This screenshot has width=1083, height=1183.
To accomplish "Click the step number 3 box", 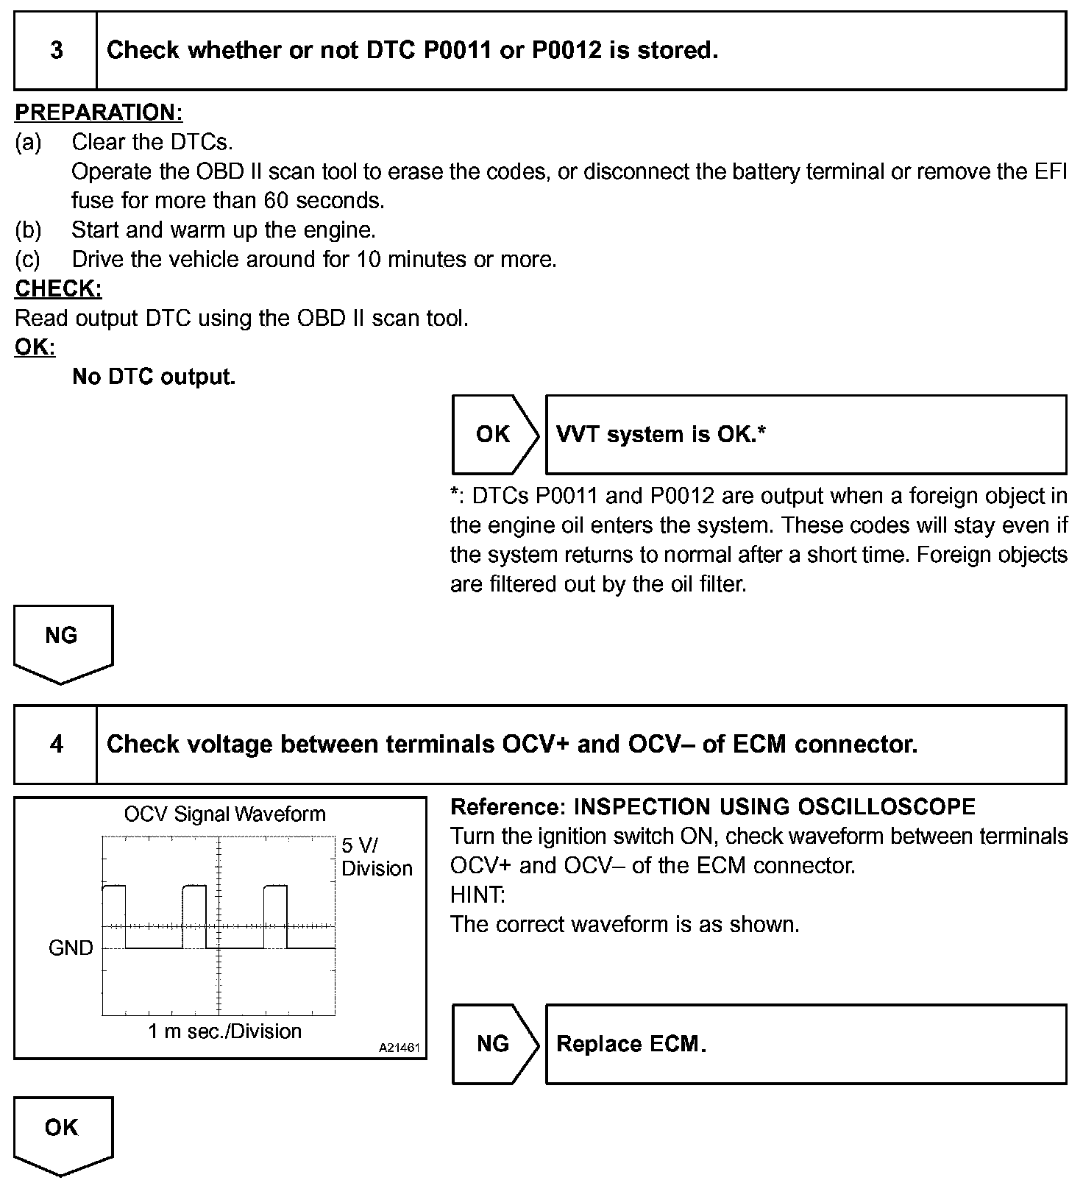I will coord(56,51).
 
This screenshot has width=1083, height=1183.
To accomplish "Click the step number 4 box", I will coord(56,745).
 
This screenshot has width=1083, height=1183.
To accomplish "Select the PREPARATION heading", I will coord(99,113).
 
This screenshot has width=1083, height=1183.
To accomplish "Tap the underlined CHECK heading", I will coord(58,288).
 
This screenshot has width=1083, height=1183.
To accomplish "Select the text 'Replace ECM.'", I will coord(631,1044).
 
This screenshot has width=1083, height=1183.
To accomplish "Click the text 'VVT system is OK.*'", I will coord(661,434).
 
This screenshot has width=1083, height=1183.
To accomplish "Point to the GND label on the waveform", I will coord(71,948).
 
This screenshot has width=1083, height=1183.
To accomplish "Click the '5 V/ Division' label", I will coord(376,857).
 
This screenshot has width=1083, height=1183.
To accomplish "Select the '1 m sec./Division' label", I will coord(224,1031).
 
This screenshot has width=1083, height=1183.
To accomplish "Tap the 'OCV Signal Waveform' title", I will coord(224,814).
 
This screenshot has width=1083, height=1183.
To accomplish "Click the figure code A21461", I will coord(400,1048).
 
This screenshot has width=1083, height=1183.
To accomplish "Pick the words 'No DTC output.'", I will coord(154,377).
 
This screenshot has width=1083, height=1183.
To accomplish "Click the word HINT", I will coord(477,895).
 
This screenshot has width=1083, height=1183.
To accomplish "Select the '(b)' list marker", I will coord(28,230).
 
